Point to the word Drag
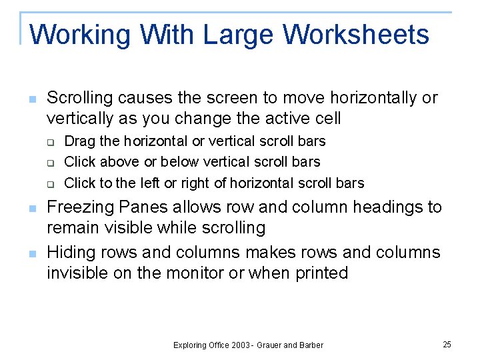click(79, 141)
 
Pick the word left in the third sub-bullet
click(157, 183)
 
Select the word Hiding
click(71, 252)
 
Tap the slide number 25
click(447, 344)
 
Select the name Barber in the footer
click(310, 345)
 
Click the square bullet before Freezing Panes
click(31, 209)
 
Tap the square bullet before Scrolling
click(31, 99)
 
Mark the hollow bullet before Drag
click(49, 142)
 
